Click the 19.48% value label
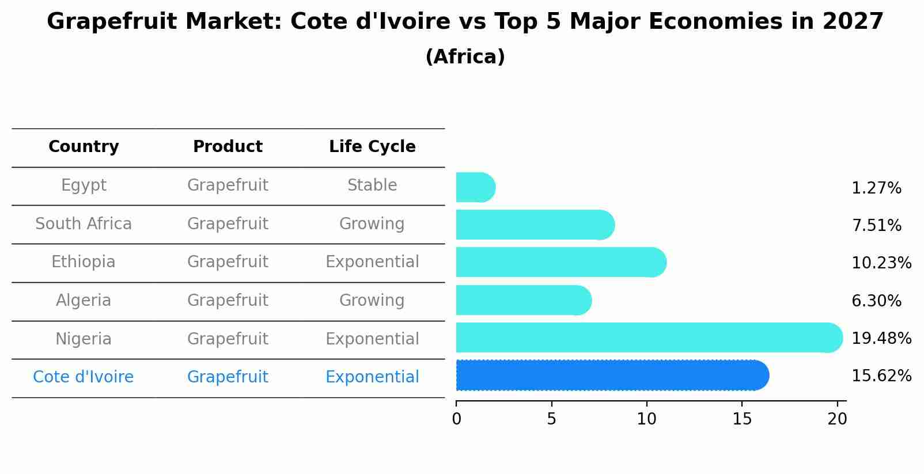click(881, 338)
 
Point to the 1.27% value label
click(876, 188)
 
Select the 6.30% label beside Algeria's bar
click(876, 301)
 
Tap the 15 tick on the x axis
click(742, 419)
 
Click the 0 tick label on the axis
click(456, 419)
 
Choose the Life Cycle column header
click(372, 147)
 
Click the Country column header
click(84, 147)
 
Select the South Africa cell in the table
click(84, 223)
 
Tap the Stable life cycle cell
click(372, 185)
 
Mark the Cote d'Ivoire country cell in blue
click(84, 377)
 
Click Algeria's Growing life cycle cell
click(372, 300)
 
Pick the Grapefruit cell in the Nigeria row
click(228, 339)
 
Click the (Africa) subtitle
click(465, 57)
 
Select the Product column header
click(228, 147)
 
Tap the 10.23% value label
click(881, 263)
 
